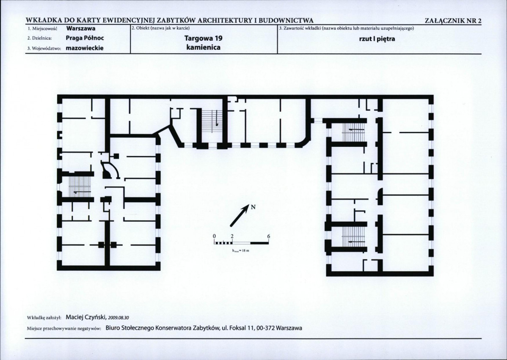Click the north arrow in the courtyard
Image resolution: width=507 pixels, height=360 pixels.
(x=239, y=215)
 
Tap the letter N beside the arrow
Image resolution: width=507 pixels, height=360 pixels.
(x=253, y=207)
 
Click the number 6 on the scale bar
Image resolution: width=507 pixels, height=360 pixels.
(x=269, y=236)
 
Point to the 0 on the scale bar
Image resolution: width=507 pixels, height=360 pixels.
(x=214, y=236)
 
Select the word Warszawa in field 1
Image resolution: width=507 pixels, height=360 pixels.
(x=81, y=28)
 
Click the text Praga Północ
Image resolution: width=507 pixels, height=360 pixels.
(x=85, y=38)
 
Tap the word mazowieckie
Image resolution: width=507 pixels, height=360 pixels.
(x=84, y=48)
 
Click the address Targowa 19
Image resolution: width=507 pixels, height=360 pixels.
(x=204, y=38)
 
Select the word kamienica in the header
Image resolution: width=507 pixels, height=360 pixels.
(x=204, y=47)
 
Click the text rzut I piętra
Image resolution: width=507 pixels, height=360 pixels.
(x=377, y=39)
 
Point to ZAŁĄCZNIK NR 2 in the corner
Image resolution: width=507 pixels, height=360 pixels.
(x=453, y=21)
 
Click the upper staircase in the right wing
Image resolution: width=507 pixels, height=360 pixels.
(x=353, y=130)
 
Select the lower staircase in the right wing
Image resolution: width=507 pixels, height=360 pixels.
(x=353, y=236)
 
